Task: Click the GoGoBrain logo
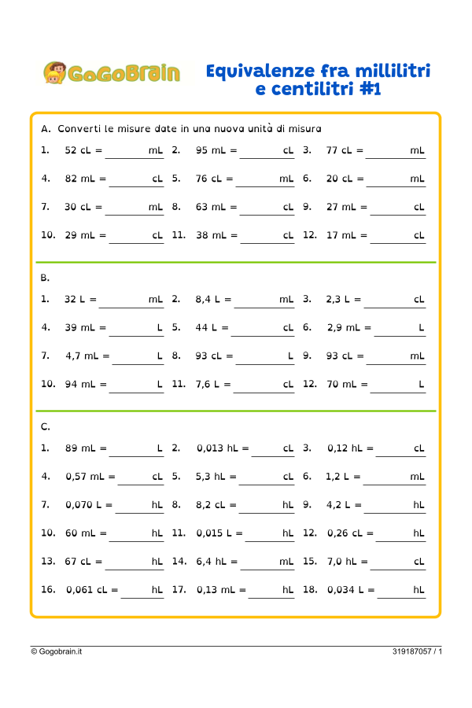[x=111, y=73]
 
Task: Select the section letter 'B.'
[x=45, y=278]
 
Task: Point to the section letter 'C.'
[x=45, y=426]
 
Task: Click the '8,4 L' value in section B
[x=209, y=299]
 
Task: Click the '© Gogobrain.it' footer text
[x=57, y=651]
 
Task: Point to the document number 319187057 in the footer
[x=413, y=651]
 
